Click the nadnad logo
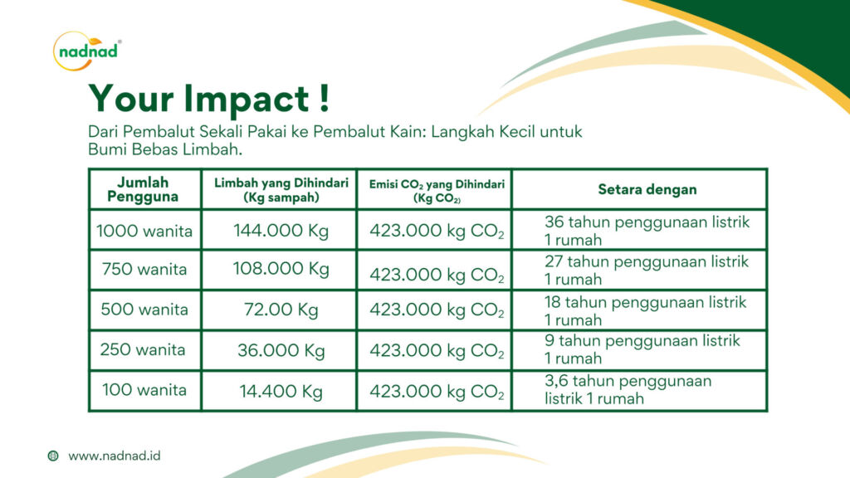86,51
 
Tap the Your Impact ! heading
208,99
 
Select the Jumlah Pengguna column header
143,189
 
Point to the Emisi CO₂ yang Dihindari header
437,191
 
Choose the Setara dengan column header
647,189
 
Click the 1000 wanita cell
144,231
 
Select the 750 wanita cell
144,269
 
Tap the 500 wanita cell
144,309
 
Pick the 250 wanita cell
143,349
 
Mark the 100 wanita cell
144,390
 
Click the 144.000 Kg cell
281,231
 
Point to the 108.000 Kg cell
281,269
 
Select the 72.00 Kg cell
281,310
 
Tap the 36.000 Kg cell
281,351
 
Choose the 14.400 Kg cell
281,391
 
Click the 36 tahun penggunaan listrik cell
647,231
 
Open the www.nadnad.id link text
115,456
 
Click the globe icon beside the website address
53,456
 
